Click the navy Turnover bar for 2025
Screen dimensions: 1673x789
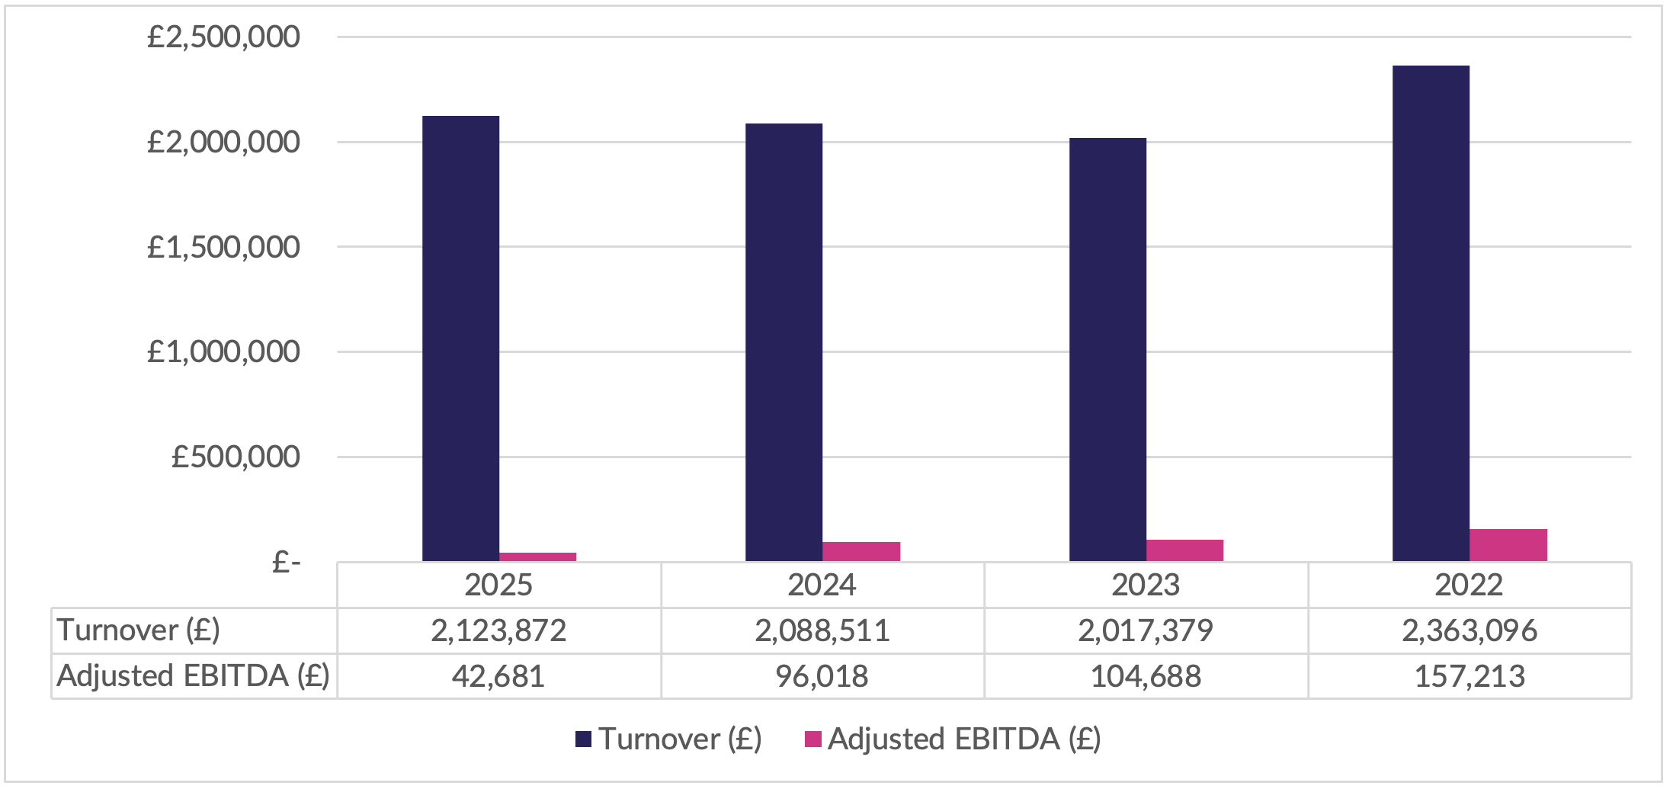pyautogui.click(x=461, y=338)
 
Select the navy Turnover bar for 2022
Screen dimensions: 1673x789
pyautogui.click(x=1431, y=313)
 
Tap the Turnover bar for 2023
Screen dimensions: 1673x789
pyautogui.click(x=1107, y=350)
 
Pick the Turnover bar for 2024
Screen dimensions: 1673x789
pyautogui.click(x=784, y=342)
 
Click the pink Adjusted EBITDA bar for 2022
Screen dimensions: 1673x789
pyautogui.click(x=1508, y=545)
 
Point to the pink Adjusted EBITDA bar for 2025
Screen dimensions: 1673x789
pyautogui.click(x=538, y=557)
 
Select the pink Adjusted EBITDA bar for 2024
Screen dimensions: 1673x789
pyautogui.click(x=861, y=552)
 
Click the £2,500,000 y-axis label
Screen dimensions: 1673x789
pyautogui.click(x=223, y=37)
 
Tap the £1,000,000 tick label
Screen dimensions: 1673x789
pyautogui.click(x=223, y=351)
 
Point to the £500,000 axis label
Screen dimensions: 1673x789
pyautogui.click(x=236, y=457)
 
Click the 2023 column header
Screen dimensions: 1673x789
pyautogui.click(x=1146, y=585)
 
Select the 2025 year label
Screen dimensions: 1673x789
pyautogui.click(x=498, y=585)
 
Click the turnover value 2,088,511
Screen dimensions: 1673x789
pyautogui.click(x=822, y=630)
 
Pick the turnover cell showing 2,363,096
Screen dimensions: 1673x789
pyautogui.click(x=1469, y=630)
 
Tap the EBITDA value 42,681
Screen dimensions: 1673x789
pyautogui.click(x=498, y=676)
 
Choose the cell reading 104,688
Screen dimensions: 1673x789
pyautogui.click(x=1146, y=676)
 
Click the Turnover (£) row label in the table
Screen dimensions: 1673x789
pyautogui.click(x=138, y=630)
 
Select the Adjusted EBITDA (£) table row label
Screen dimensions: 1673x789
pyautogui.click(x=193, y=676)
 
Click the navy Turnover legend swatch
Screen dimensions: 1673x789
pyautogui.click(x=583, y=739)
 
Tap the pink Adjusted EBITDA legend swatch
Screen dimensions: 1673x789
pyautogui.click(x=812, y=739)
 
